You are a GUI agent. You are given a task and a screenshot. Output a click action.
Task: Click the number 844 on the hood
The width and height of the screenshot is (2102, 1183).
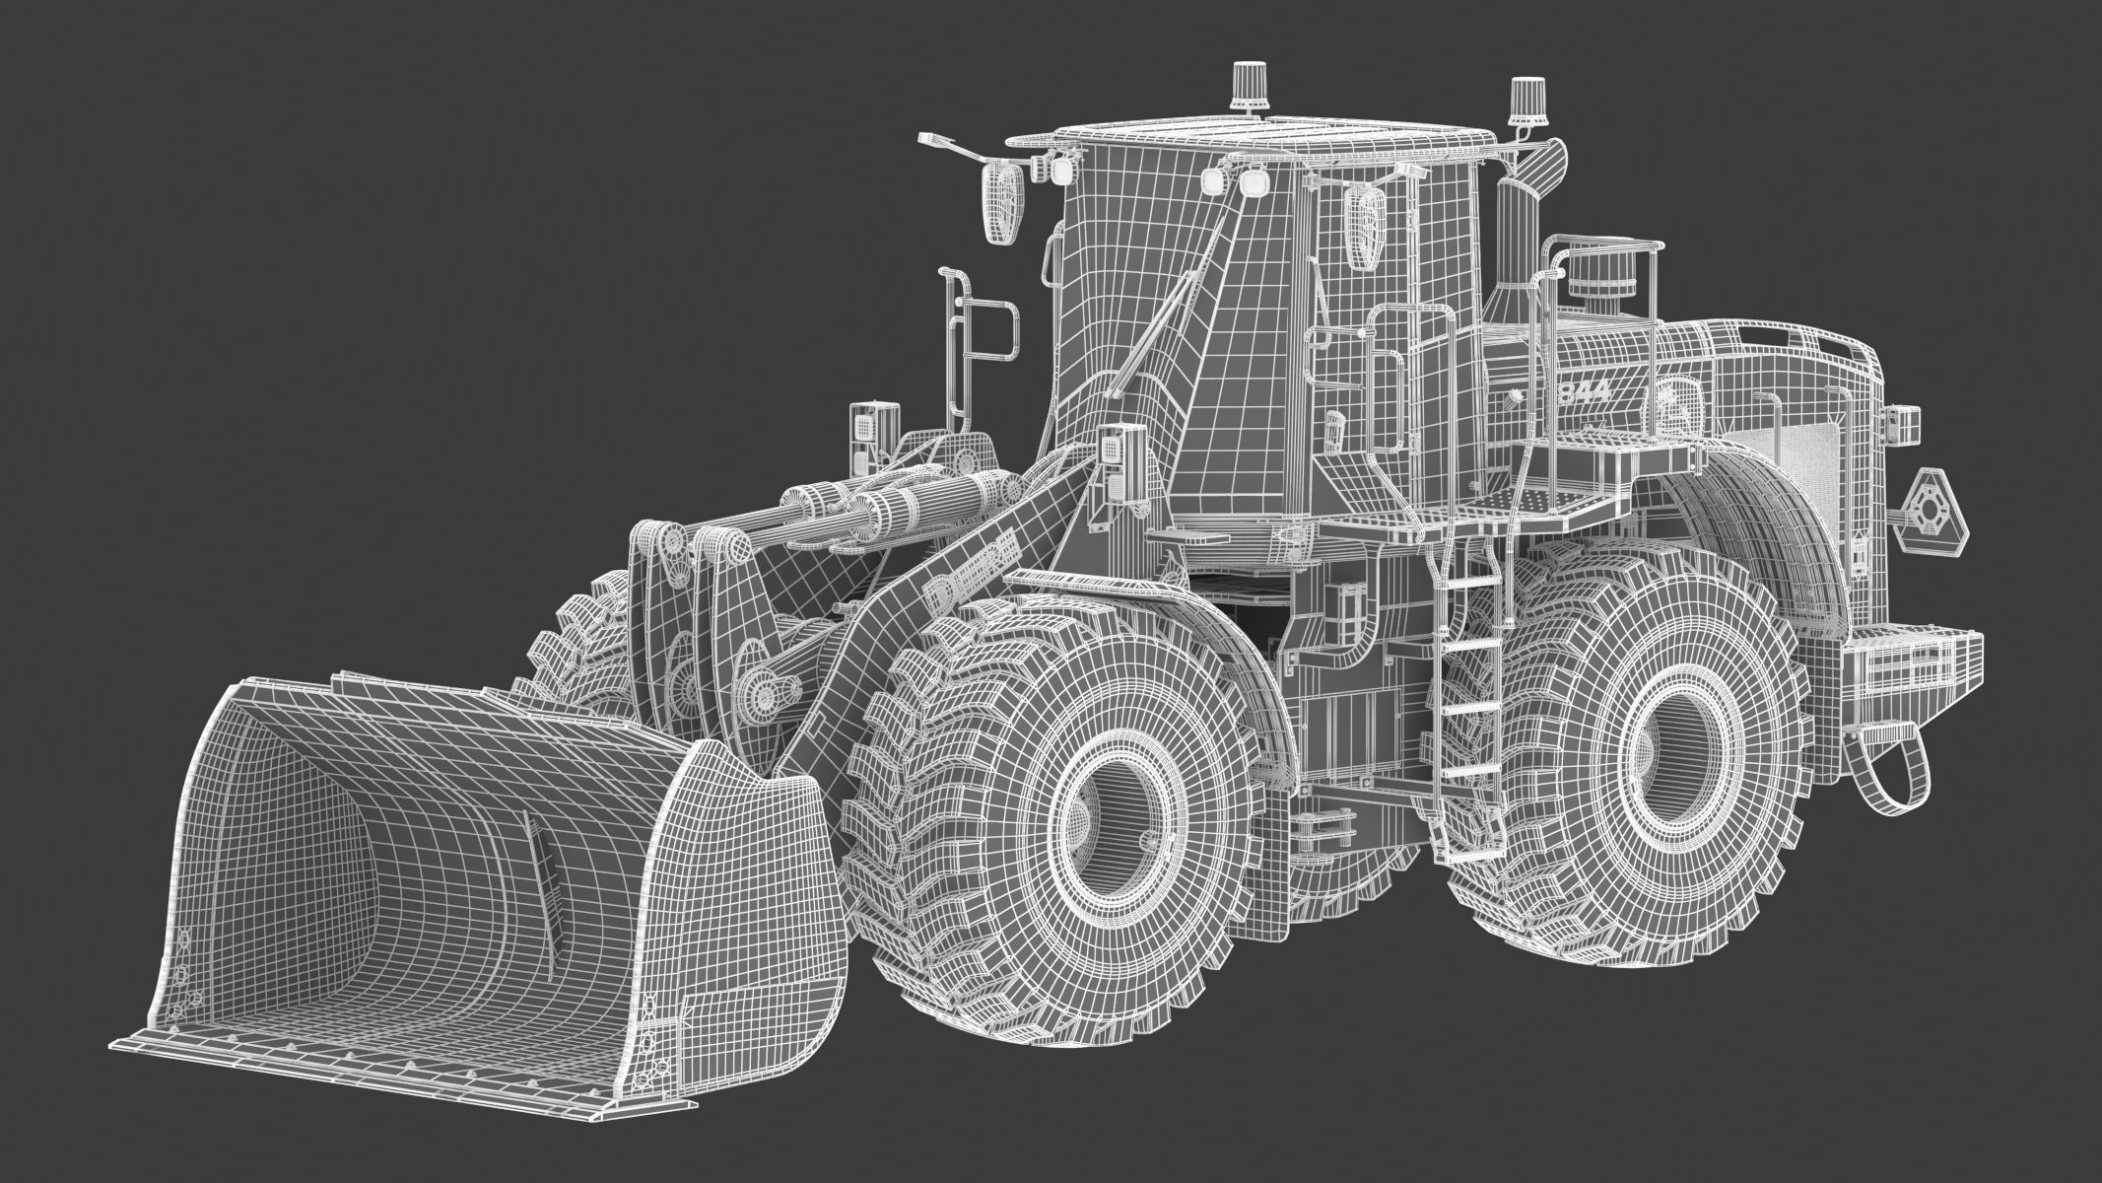pos(1584,390)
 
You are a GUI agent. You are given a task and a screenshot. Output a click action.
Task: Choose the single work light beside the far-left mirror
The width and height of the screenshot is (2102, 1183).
pos(1060,172)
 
